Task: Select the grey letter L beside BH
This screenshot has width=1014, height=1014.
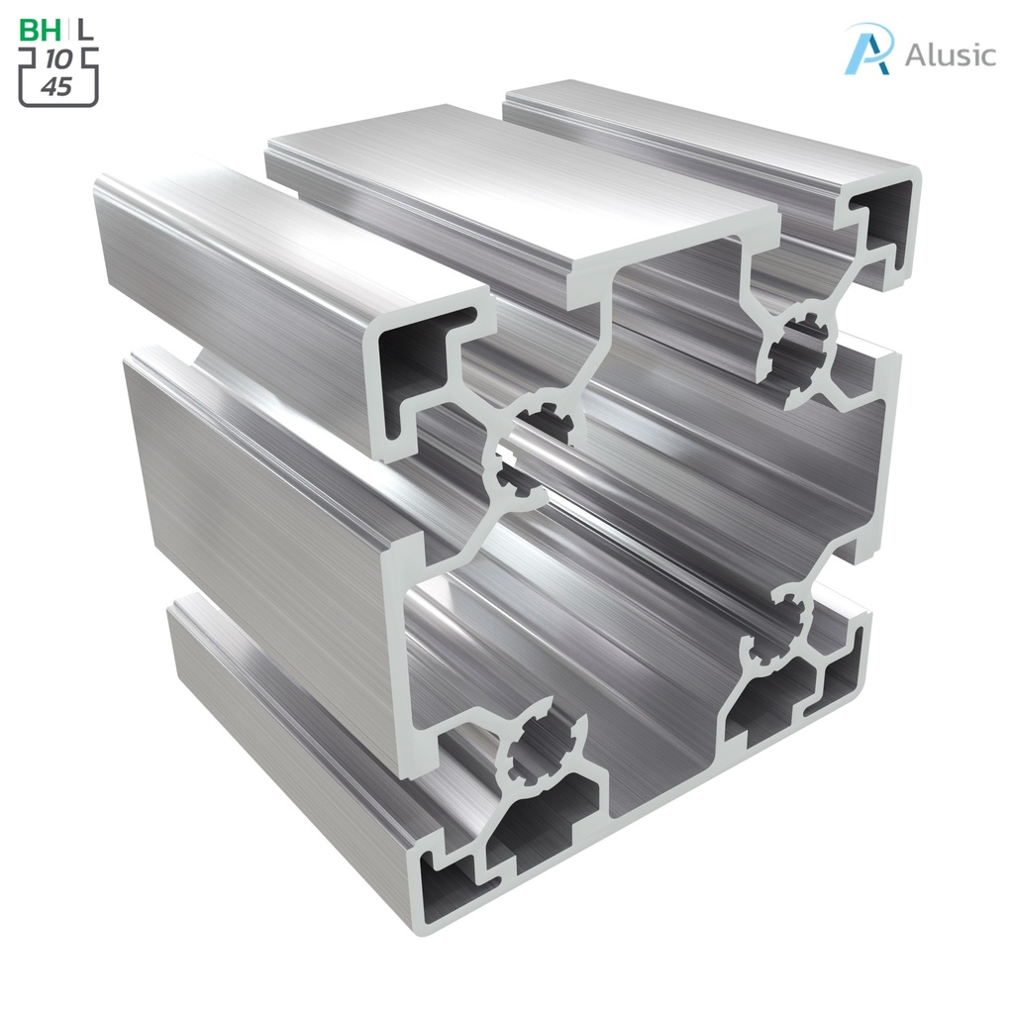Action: coord(87,30)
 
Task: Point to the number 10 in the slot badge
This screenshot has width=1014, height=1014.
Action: coord(59,60)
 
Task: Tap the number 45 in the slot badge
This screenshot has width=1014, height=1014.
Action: coord(57,87)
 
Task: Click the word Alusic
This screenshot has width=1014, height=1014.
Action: coord(950,54)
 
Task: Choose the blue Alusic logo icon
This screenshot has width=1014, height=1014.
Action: coord(867,49)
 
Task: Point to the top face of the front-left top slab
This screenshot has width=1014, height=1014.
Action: coord(287,238)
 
